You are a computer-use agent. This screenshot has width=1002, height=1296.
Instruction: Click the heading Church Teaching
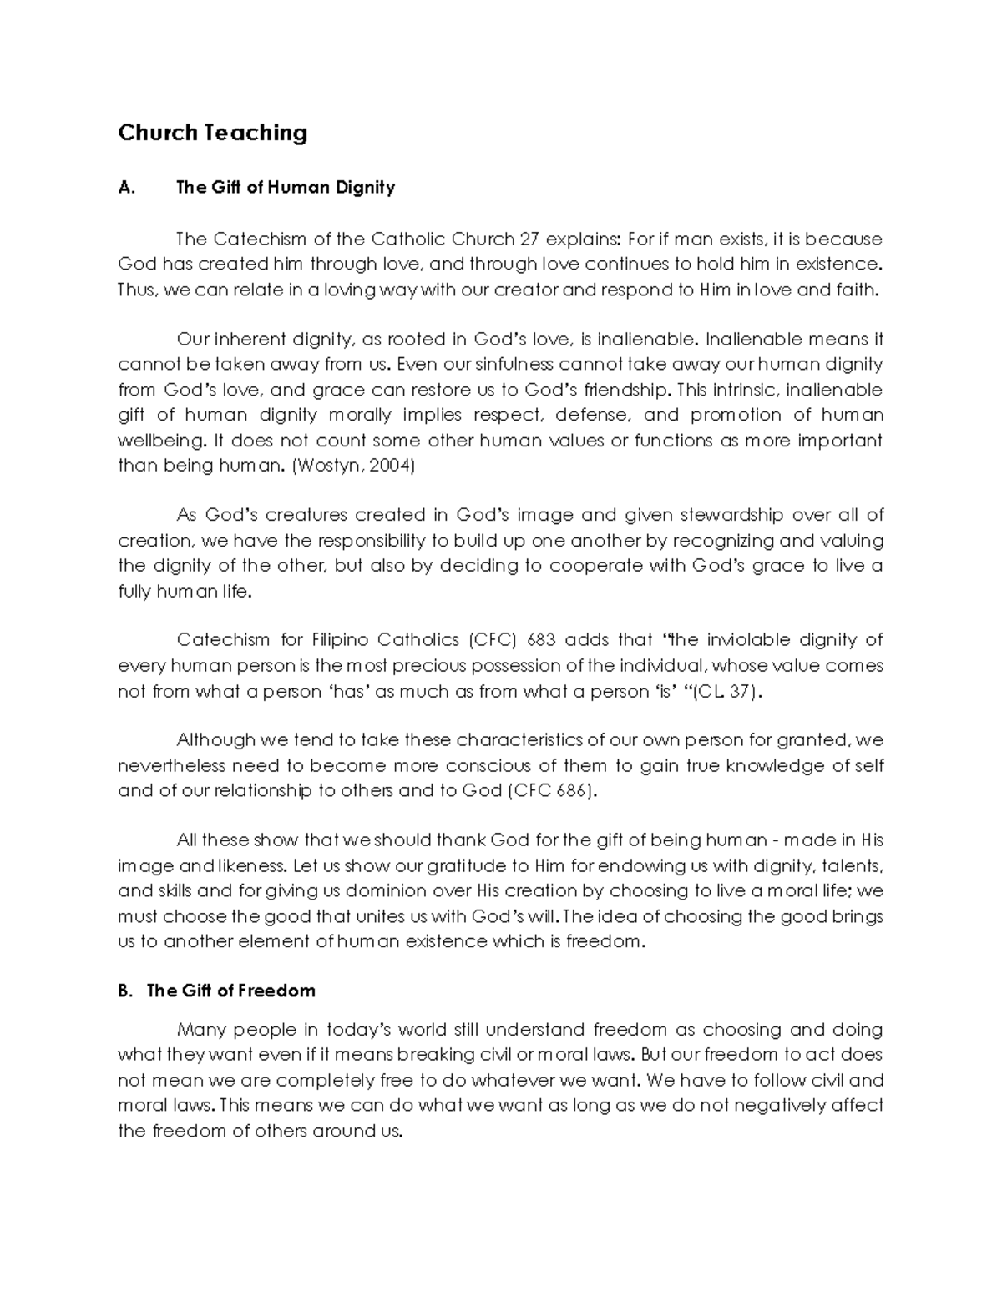[212, 133]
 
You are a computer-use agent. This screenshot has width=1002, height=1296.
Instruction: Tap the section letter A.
[126, 188]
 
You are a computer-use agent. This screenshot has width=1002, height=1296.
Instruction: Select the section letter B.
[125, 991]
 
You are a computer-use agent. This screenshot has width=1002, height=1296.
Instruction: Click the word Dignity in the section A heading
[365, 188]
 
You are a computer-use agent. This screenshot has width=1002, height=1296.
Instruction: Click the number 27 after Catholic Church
[529, 239]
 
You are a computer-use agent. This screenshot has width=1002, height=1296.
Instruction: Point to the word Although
[215, 740]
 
